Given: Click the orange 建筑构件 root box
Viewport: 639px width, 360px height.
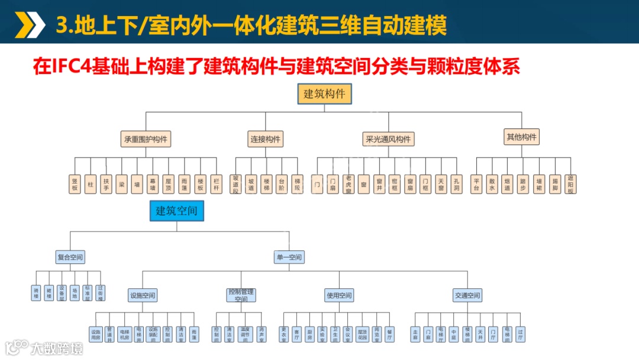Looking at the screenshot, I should click(x=324, y=94).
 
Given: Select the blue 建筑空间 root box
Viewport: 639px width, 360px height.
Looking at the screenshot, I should click(x=176, y=211).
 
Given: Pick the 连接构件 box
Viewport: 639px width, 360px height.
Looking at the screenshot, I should click(x=265, y=139).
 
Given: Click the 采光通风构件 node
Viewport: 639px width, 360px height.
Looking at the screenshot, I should click(x=388, y=139).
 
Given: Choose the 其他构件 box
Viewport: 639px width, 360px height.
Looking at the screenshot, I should click(x=522, y=137).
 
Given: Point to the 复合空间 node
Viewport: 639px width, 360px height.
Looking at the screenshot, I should click(x=70, y=257).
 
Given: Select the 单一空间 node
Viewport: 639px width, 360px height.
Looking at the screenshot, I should click(x=289, y=257).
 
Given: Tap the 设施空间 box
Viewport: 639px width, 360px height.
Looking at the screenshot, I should click(x=143, y=295).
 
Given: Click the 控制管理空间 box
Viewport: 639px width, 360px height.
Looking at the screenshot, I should click(x=241, y=295).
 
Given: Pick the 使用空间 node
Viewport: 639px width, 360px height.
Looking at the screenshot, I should click(x=339, y=295).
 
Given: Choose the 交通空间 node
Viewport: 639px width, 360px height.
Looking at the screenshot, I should click(x=467, y=295).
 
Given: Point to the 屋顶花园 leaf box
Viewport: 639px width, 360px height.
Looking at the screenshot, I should click(x=362, y=335).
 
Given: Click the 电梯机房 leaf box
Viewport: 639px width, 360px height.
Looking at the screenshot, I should click(x=124, y=335).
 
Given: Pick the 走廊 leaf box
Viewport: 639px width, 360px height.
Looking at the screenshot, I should click(x=415, y=335).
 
